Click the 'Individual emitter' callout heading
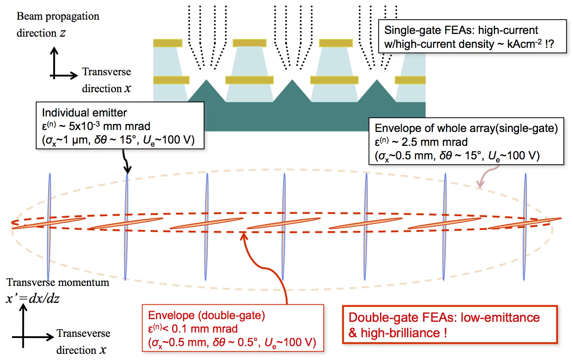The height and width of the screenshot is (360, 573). [84, 113]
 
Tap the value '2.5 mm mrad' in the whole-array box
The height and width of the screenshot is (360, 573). [434, 142]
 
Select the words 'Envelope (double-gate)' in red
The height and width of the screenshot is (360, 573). [206, 315]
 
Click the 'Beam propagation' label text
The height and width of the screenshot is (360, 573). [58, 16]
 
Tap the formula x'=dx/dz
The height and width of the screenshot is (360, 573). [33, 298]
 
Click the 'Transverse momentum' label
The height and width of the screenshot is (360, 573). [58, 282]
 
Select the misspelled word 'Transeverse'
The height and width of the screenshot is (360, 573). [83, 333]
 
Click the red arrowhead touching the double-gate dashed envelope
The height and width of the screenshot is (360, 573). [244, 236]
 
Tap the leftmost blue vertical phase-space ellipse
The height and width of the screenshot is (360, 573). [49, 226]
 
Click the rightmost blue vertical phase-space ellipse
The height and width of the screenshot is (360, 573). [525, 226]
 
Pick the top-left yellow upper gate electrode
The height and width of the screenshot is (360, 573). [167, 43]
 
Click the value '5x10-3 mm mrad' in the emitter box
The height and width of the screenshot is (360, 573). [109, 126]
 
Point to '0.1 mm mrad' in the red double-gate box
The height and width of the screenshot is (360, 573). [205, 329]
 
